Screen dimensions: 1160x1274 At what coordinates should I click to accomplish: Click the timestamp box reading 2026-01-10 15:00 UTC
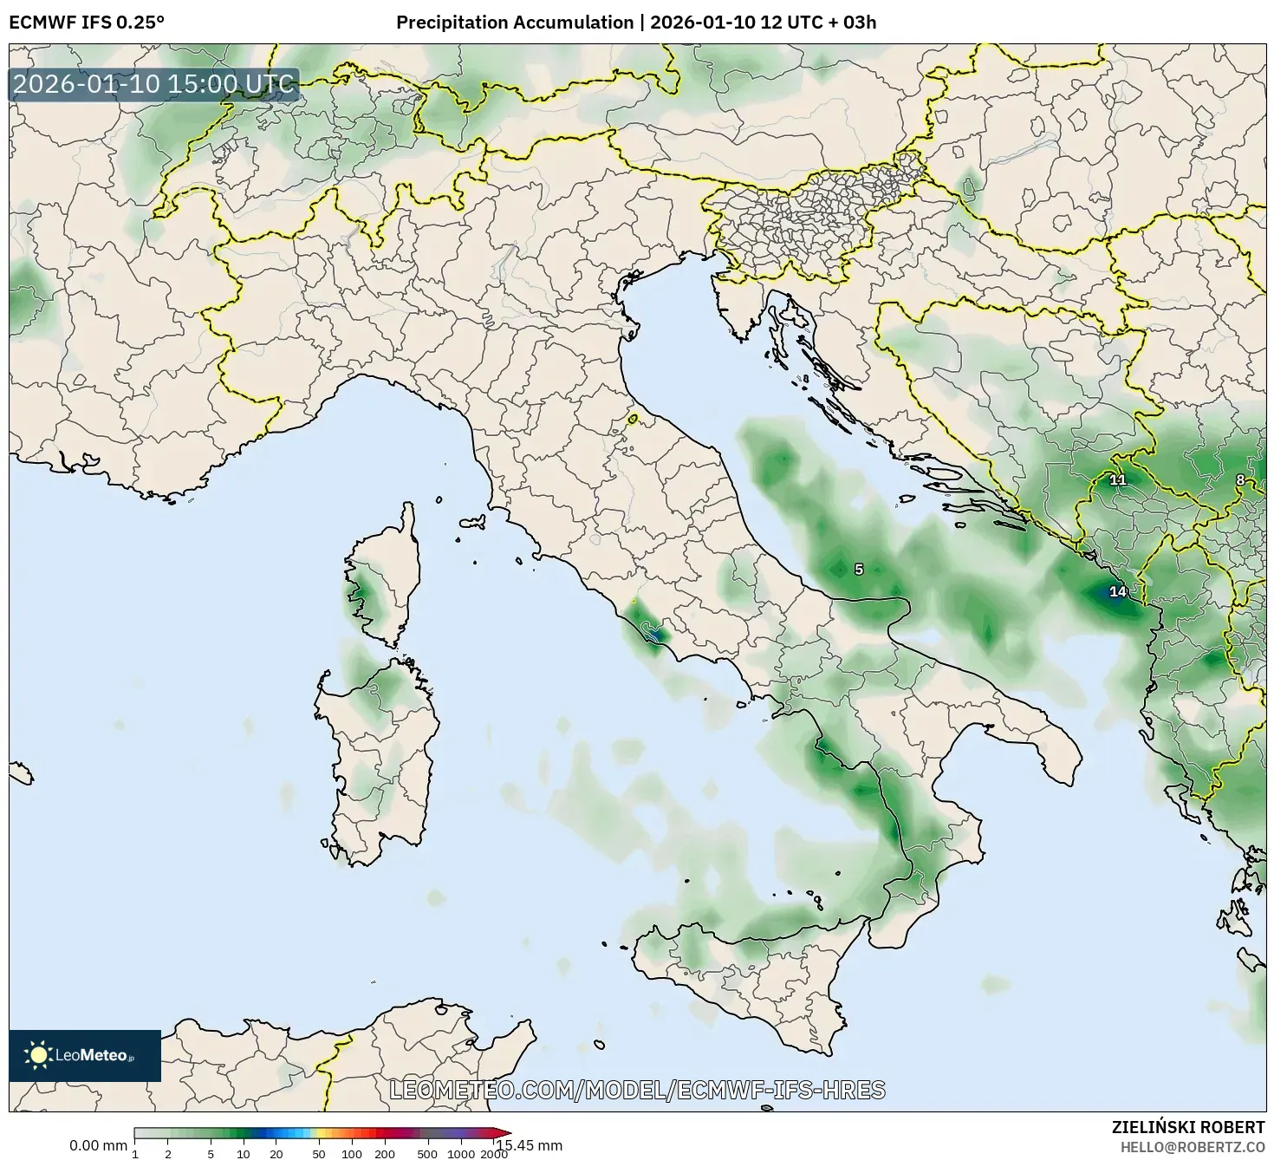(x=154, y=85)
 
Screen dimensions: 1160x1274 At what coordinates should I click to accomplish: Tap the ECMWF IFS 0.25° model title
(x=86, y=23)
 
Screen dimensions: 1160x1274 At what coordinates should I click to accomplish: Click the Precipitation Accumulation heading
(x=514, y=23)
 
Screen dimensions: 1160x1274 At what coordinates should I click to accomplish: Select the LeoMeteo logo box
(x=85, y=1055)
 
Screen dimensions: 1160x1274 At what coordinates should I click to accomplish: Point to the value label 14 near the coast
(x=1118, y=591)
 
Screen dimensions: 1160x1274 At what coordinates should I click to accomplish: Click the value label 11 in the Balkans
(x=1118, y=479)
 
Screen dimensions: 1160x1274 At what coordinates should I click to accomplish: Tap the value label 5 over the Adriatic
(x=859, y=570)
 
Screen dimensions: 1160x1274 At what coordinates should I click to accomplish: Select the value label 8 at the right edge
(x=1240, y=479)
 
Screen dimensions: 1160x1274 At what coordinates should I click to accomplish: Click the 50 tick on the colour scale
(x=319, y=1153)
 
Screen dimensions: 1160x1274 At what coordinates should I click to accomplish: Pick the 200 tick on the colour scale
(x=385, y=1153)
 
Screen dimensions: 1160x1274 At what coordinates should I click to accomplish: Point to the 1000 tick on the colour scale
(x=460, y=1153)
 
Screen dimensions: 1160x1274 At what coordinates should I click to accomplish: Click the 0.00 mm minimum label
(x=98, y=1145)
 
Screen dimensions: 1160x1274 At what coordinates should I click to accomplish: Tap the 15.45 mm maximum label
(x=530, y=1145)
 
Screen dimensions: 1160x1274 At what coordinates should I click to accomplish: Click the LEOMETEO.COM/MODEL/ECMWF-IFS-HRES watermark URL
(x=638, y=1090)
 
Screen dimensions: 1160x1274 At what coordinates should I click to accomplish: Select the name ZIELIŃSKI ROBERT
(x=1188, y=1127)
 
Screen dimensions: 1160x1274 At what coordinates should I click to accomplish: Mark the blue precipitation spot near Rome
(x=655, y=635)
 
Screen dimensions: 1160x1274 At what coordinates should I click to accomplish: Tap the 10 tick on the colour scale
(x=244, y=1153)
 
